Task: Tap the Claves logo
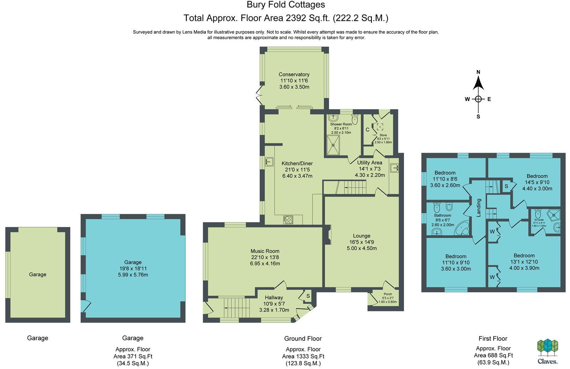(x=547, y=352)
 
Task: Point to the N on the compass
(x=478, y=72)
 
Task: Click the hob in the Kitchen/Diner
(x=288, y=220)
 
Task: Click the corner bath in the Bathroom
(x=462, y=228)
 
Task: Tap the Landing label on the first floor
(x=479, y=208)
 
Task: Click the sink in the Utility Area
(x=394, y=168)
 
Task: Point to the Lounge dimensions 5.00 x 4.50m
(x=362, y=248)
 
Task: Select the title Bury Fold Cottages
(x=286, y=5)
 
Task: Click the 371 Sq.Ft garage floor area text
(x=133, y=356)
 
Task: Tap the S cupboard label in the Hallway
(x=308, y=296)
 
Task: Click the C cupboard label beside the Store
(x=367, y=130)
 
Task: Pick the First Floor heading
(x=493, y=338)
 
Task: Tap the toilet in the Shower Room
(x=355, y=119)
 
